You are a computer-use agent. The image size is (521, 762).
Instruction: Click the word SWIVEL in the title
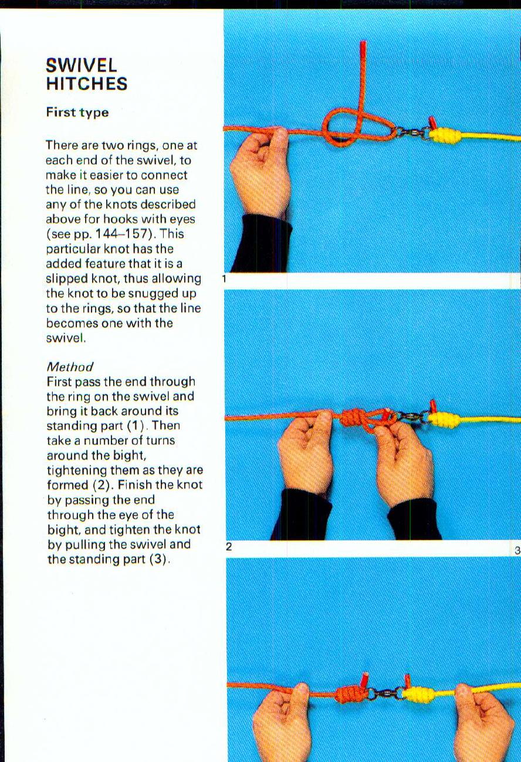(x=82, y=64)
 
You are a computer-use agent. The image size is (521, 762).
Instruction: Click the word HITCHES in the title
(x=86, y=83)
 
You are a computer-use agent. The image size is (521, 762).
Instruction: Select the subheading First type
(x=77, y=113)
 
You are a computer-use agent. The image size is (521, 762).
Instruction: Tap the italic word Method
(x=70, y=367)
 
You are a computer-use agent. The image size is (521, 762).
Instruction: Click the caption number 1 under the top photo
(x=224, y=279)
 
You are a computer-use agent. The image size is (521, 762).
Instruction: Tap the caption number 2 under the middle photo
(x=229, y=547)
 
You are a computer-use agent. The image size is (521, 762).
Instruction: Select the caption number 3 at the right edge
(x=516, y=550)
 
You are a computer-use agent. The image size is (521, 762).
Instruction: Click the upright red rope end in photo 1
(x=363, y=53)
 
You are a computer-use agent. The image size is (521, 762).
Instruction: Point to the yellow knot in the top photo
(x=445, y=135)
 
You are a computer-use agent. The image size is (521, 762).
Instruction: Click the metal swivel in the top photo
(x=414, y=132)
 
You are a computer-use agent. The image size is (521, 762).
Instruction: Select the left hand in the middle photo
(x=305, y=452)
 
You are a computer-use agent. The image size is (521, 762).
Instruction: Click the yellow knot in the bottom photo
(x=418, y=694)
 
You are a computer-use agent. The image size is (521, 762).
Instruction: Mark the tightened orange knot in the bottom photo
(x=350, y=694)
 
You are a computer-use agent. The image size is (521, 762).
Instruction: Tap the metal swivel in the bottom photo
(x=385, y=694)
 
